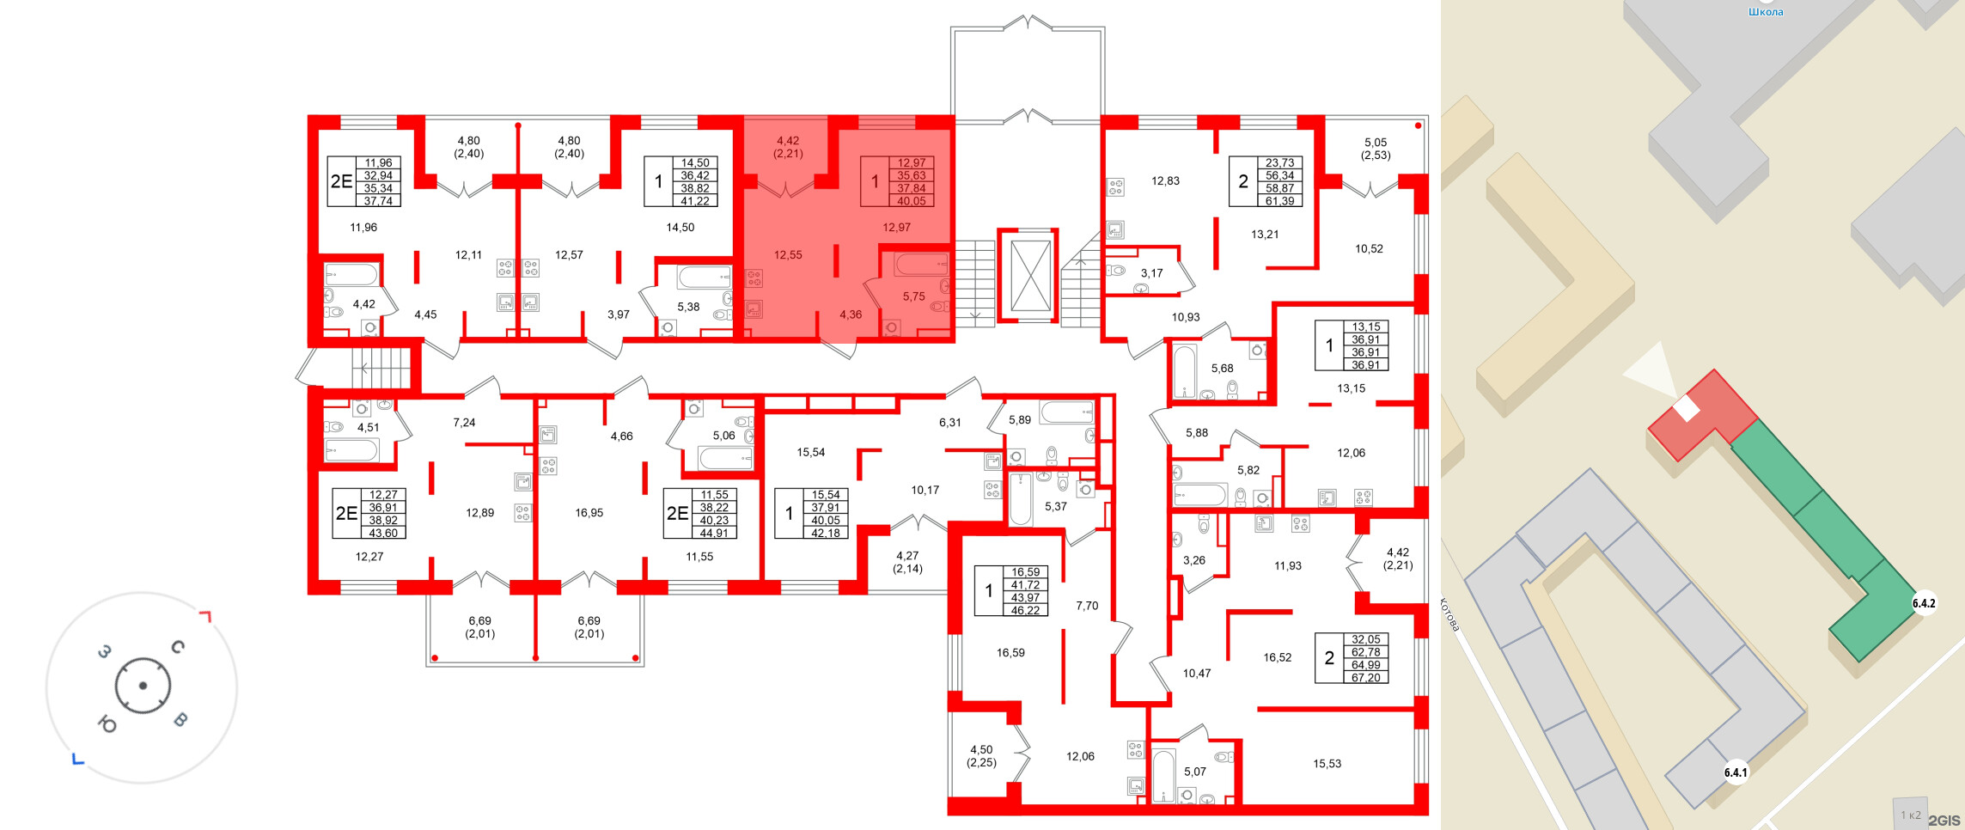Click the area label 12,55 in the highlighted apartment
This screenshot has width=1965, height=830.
(x=788, y=255)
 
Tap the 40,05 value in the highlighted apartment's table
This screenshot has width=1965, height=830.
(x=912, y=202)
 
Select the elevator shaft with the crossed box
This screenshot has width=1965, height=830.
(x=1028, y=275)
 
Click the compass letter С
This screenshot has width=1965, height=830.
(x=178, y=646)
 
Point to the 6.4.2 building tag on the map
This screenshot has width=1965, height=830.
(x=1924, y=603)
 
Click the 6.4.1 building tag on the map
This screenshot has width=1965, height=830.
(x=1736, y=772)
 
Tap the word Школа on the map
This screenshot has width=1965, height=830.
(x=1766, y=12)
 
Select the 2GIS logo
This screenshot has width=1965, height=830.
(x=1944, y=821)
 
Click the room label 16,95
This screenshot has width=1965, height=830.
(x=589, y=513)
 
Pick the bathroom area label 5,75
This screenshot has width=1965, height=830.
(x=913, y=296)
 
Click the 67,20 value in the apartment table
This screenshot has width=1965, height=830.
(x=1366, y=678)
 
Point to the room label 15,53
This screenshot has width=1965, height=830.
(x=1327, y=764)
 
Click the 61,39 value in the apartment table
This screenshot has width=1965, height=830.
(x=1280, y=202)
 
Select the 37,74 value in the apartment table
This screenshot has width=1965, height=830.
(x=378, y=202)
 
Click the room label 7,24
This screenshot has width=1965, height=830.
(x=464, y=423)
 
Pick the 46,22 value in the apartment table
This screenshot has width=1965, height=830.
(x=1026, y=611)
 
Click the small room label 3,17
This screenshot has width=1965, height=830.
(x=1151, y=273)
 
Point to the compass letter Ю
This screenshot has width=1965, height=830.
(x=107, y=724)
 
